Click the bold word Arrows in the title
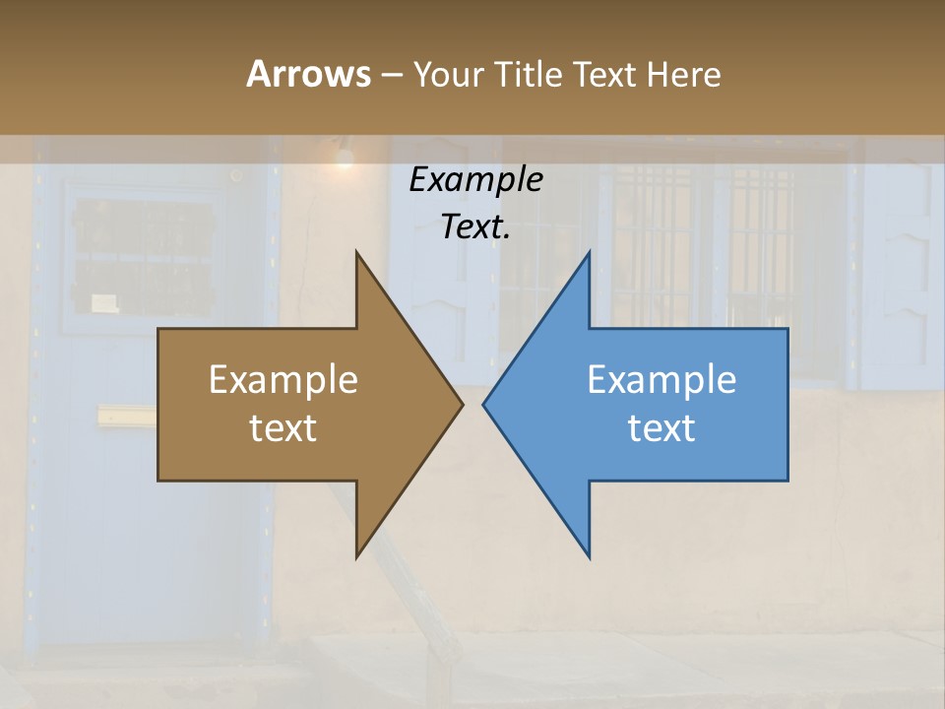[x=308, y=74]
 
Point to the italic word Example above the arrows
[x=475, y=180]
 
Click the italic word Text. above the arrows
[x=475, y=227]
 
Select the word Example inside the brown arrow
[x=283, y=380]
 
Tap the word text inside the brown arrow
[x=283, y=428]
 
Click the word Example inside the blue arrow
[x=661, y=380]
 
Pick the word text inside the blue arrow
[x=661, y=428]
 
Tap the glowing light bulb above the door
[x=344, y=156]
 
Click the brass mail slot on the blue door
[x=126, y=417]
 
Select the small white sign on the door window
[x=105, y=302]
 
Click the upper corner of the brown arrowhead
[x=356, y=253]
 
